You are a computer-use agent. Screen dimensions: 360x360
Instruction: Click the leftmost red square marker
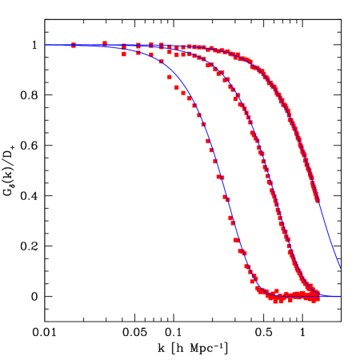74,46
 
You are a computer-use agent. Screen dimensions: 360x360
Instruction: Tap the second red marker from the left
105,43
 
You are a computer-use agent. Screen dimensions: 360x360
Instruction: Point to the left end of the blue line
46,45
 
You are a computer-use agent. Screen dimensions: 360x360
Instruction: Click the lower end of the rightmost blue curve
340,268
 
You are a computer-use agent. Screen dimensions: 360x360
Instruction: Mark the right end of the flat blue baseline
341,297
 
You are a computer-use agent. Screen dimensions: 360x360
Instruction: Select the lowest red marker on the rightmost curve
317,199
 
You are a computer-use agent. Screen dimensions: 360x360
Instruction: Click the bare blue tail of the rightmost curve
329,236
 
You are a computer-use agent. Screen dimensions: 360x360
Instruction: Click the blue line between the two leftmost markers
90,45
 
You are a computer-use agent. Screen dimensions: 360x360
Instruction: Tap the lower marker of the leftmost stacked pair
124,54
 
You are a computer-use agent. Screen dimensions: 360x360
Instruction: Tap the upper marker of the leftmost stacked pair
124,46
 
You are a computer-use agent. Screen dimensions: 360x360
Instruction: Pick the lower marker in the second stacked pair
138,54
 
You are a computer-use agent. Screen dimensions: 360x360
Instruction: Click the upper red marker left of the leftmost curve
170,78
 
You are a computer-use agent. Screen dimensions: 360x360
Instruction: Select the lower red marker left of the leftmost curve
177,87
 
